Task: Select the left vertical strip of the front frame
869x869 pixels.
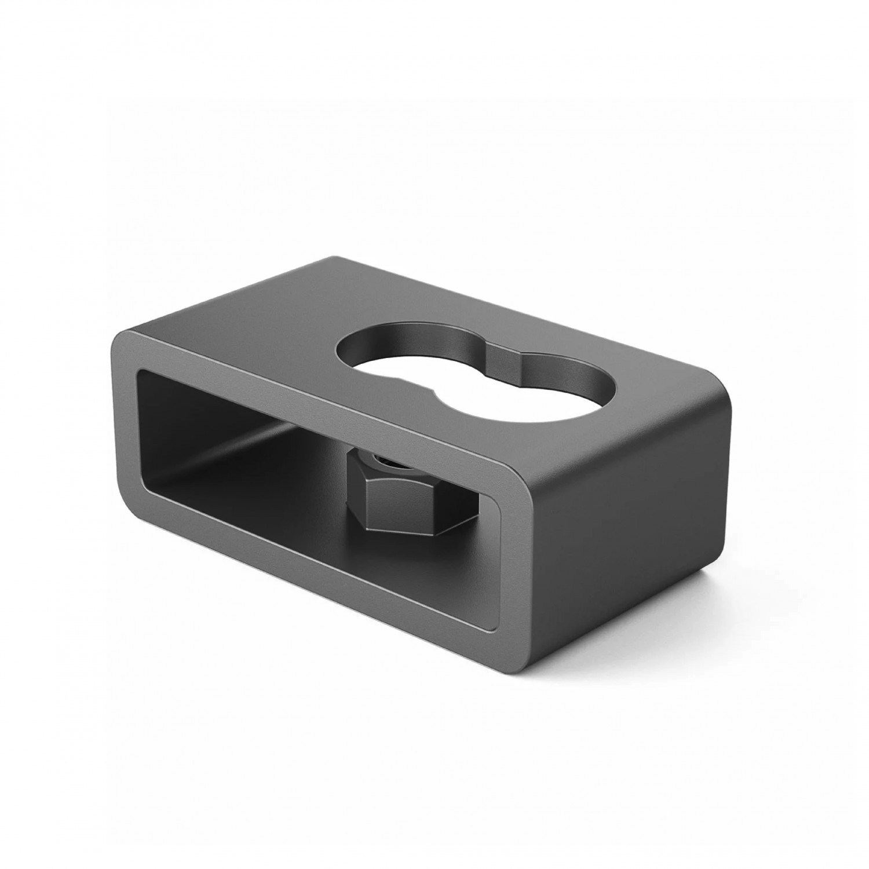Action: [x=125, y=423]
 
